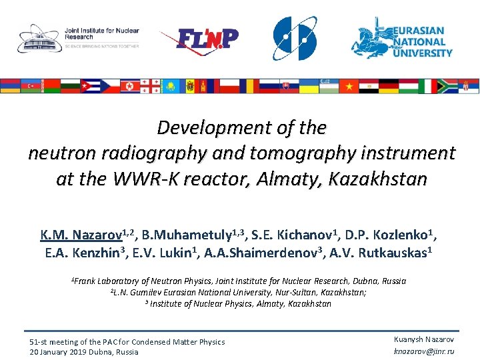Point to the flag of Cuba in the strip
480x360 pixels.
click(x=90, y=86)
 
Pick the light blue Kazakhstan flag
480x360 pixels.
click(x=170, y=86)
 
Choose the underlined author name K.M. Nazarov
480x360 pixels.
click(x=81, y=235)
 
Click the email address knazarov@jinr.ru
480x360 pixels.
click(x=425, y=351)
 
